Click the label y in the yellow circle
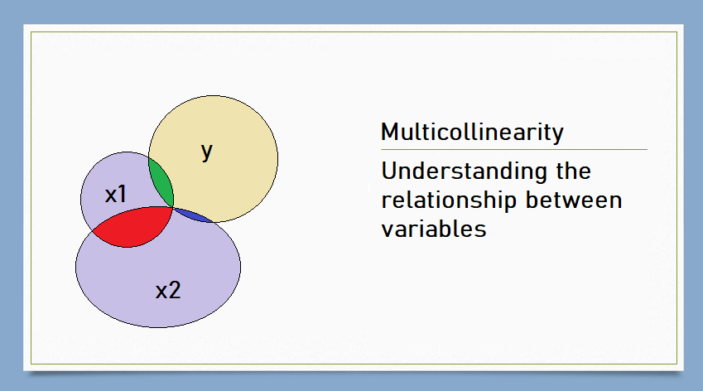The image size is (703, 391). tap(207, 152)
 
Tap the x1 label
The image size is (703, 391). tap(116, 195)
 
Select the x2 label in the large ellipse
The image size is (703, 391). tap(168, 291)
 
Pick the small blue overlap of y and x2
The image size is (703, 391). tap(192, 215)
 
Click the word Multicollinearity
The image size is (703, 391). tap(472, 132)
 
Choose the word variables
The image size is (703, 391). tap(433, 229)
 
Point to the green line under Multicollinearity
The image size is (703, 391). tap(513, 150)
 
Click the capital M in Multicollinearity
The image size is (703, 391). tap(389, 132)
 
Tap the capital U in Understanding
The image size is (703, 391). tap(389, 172)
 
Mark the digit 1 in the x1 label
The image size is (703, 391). tap(123, 195)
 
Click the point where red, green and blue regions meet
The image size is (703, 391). tap(171, 207)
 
